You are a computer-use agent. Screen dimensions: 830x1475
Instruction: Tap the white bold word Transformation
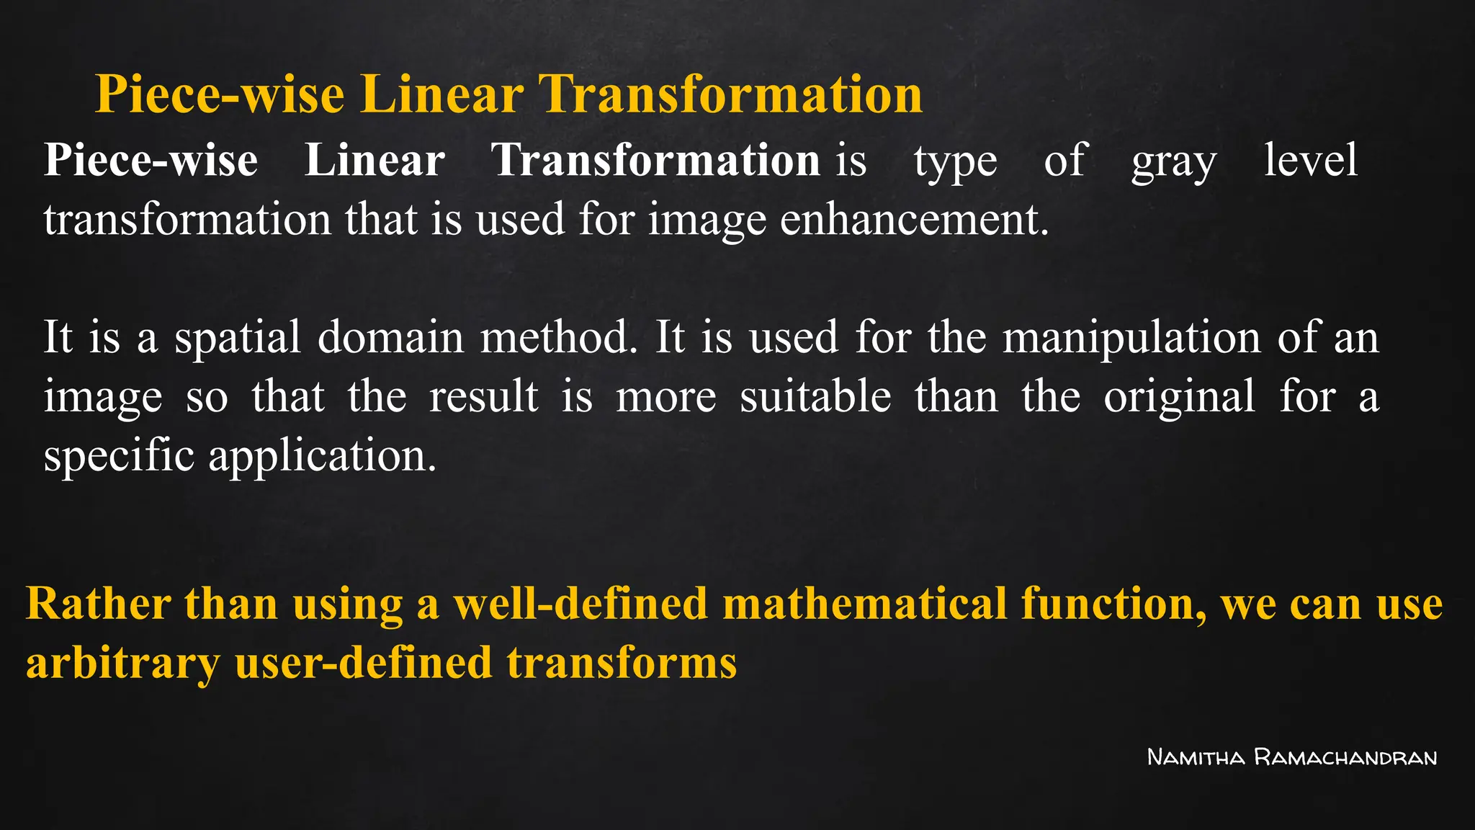tap(655, 160)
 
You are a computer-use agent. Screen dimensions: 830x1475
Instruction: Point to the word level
tap(1311, 160)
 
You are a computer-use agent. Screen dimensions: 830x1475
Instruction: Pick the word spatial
tap(237, 338)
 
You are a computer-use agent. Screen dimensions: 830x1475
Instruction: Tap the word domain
tap(390, 337)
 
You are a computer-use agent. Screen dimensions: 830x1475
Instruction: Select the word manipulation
tap(1131, 338)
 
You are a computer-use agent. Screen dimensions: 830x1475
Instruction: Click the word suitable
tap(815, 396)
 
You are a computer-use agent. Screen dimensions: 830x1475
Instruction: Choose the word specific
tap(119, 456)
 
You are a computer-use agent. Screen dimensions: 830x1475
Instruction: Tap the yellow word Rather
tap(99, 603)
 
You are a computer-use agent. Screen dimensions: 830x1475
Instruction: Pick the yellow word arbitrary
tap(123, 663)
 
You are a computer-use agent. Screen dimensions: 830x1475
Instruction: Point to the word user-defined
tap(364, 663)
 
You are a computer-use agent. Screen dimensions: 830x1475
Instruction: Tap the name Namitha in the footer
tap(1196, 757)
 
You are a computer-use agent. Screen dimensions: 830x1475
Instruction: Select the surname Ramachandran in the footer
tap(1345, 757)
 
